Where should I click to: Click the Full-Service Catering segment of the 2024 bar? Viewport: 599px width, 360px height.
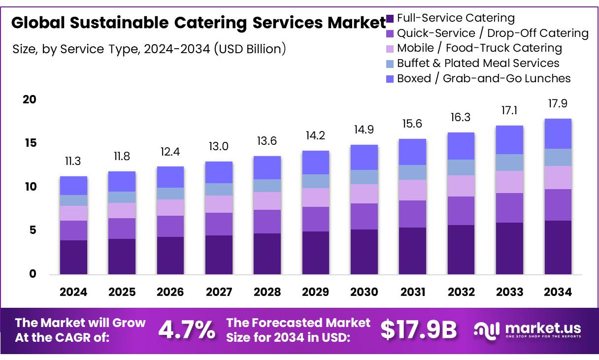73,257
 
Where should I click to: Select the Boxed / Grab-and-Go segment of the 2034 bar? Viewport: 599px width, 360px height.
558,133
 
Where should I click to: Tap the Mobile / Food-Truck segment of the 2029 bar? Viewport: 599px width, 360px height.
316,197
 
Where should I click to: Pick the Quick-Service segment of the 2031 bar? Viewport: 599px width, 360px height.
413,214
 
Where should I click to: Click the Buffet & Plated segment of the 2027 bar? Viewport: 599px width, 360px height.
219,189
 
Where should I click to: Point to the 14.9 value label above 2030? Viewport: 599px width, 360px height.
364,130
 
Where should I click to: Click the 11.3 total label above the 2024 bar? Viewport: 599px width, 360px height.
73,161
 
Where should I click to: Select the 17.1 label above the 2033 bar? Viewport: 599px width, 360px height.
509,110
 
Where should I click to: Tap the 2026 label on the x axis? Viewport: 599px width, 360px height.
170,292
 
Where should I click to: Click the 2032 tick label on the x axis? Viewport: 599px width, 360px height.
461,292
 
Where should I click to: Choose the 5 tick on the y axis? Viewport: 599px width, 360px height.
33,230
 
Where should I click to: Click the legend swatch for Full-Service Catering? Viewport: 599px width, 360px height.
390,19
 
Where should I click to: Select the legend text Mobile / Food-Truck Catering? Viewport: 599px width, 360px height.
479,48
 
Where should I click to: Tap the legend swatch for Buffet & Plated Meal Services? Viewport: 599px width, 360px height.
390,64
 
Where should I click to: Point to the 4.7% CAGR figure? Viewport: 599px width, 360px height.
186,329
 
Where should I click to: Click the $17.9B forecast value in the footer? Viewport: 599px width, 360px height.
419,329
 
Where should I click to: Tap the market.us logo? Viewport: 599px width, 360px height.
528,329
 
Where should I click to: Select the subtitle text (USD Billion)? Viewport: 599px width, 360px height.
250,49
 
